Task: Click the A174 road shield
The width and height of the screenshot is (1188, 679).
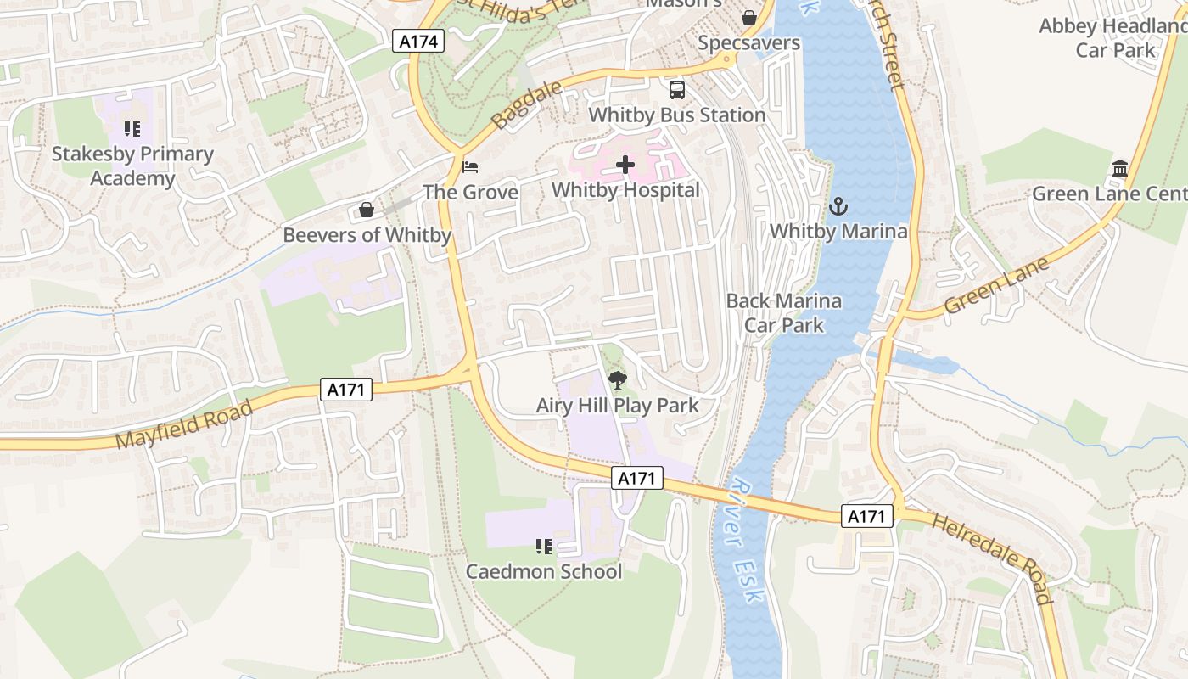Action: (x=418, y=40)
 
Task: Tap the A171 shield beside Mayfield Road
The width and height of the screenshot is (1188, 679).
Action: (x=346, y=390)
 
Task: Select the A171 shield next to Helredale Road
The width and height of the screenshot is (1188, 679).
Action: (x=867, y=516)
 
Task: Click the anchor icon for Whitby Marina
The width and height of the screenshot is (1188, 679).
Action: (x=838, y=206)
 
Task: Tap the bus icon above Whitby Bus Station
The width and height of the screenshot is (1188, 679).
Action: (x=677, y=90)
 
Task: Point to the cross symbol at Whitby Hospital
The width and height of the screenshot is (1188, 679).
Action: (x=625, y=165)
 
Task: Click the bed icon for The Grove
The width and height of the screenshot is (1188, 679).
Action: (x=470, y=167)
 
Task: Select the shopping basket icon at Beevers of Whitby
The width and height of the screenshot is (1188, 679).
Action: (x=367, y=210)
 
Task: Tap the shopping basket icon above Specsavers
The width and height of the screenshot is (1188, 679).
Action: (x=749, y=18)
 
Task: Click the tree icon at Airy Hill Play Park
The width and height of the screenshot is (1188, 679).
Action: (x=617, y=380)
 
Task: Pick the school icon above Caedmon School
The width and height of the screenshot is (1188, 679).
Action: (x=544, y=547)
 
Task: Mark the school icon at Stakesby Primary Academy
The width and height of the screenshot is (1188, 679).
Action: (x=132, y=129)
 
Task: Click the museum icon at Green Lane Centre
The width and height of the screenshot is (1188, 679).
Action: (x=1119, y=169)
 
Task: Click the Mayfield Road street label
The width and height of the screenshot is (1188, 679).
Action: (x=184, y=424)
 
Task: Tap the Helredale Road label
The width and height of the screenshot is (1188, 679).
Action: (x=991, y=558)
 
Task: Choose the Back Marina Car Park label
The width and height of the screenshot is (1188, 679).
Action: (x=783, y=312)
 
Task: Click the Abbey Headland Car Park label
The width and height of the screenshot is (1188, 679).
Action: (x=1114, y=38)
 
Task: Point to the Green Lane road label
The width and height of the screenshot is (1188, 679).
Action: (x=996, y=285)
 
